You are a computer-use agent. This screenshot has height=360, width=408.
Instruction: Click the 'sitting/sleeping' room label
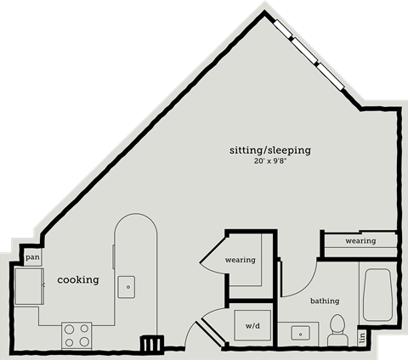pos(270,149)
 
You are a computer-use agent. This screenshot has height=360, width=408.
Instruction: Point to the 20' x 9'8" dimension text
pos(270,161)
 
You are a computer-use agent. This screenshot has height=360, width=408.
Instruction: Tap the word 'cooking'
pos(78,279)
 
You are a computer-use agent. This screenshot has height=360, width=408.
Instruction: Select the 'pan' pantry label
pos(32,256)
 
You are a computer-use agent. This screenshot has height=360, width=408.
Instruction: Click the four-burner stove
pos(76,335)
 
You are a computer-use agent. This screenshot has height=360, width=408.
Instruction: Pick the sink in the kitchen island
pos(127,286)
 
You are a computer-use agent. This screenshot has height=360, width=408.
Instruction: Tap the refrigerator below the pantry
pos(27,287)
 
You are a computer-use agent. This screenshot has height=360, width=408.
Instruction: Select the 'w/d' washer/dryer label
pos(253,326)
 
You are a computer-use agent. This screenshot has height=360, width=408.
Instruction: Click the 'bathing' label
pos(324,301)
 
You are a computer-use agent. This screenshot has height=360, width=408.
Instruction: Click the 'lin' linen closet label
pos(362,337)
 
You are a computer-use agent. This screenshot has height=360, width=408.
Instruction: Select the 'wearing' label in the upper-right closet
pos(360,241)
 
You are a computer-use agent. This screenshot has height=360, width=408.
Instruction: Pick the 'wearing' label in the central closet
pos(241,260)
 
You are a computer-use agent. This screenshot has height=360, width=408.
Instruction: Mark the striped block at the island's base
pos(151,343)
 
